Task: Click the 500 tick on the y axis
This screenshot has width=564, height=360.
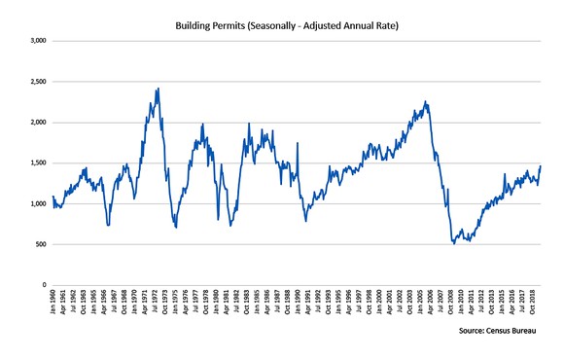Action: (x=41, y=244)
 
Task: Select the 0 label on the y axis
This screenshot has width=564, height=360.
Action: (x=45, y=285)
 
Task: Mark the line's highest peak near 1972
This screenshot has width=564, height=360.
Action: (x=158, y=90)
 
